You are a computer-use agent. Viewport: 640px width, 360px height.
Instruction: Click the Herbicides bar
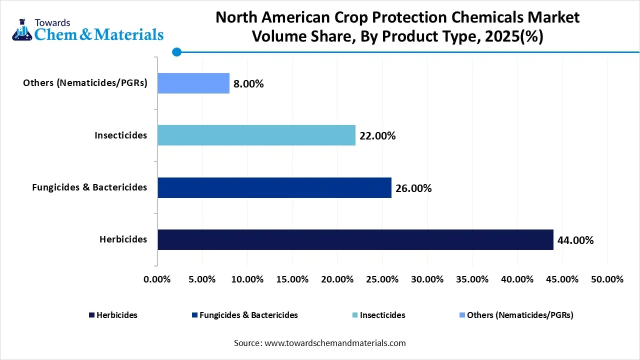tap(355, 240)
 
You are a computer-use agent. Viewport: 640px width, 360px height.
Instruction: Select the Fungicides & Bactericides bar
tap(274, 187)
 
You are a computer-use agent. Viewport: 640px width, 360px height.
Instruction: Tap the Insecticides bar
tap(256, 135)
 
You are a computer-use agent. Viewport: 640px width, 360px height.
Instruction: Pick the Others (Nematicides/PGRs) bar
tap(193, 83)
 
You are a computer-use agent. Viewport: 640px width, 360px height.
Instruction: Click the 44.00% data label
tap(575, 240)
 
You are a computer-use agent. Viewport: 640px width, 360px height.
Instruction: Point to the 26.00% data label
tap(413, 188)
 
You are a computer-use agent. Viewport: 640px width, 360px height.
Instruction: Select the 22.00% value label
tap(377, 136)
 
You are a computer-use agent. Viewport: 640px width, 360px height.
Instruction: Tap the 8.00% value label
tap(248, 84)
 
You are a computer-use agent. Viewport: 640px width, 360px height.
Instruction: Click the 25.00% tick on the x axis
tap(382, 279)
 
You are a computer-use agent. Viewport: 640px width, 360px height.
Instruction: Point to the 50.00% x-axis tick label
tap(607, 279)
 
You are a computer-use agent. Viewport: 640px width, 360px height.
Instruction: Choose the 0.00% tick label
tap(157, 279)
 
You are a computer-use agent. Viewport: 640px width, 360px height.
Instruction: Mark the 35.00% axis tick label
tap(472, 279)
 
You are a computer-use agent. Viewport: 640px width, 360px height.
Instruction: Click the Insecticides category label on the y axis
tap(121, 135)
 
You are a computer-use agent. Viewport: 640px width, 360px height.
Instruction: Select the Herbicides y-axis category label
tap(123, 239)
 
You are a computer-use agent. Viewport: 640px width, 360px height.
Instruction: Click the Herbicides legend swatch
tap(91, 315)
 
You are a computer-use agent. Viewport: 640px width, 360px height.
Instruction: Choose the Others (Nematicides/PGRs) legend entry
tap(516, 315)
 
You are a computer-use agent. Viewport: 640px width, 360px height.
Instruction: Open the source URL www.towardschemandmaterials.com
tap(334, 343)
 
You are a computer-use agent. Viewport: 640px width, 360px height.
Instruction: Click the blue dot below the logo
tap(176, 52)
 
